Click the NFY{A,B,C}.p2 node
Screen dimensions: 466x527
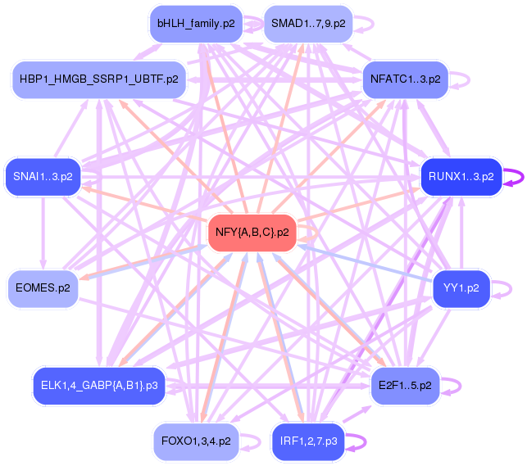[252, 233]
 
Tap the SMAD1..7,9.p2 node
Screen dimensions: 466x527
[308, 23]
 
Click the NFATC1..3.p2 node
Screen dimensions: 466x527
[405, 79]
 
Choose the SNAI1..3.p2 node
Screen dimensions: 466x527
[43, 175]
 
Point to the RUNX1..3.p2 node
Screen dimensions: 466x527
[461, 175]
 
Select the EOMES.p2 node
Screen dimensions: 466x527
[43, 287]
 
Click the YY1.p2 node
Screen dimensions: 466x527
[461, 287]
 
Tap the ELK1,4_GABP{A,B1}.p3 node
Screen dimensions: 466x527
[98, 383]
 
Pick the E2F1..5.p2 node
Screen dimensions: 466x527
[405, 383]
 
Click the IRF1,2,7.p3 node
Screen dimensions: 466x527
[307, 441]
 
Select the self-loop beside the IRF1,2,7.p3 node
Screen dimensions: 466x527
[358, 441]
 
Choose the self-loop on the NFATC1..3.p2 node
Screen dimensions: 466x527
[463, 80]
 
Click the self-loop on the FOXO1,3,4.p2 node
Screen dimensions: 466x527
[250, 441]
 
